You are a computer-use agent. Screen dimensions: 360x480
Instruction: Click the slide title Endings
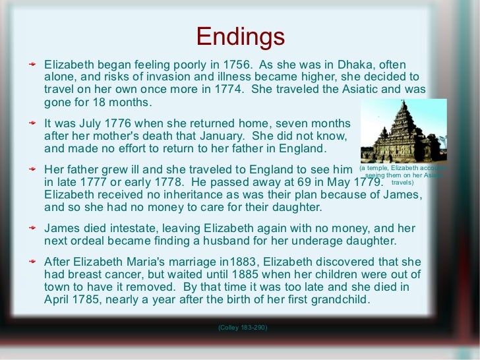click(x=240, y=37)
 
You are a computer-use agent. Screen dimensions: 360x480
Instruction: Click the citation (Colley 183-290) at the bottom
click(x=242, y=328)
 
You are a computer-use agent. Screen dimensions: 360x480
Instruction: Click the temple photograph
click(x=404, y=131)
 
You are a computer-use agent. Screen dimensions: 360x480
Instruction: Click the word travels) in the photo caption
click(x=404, y=182)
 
